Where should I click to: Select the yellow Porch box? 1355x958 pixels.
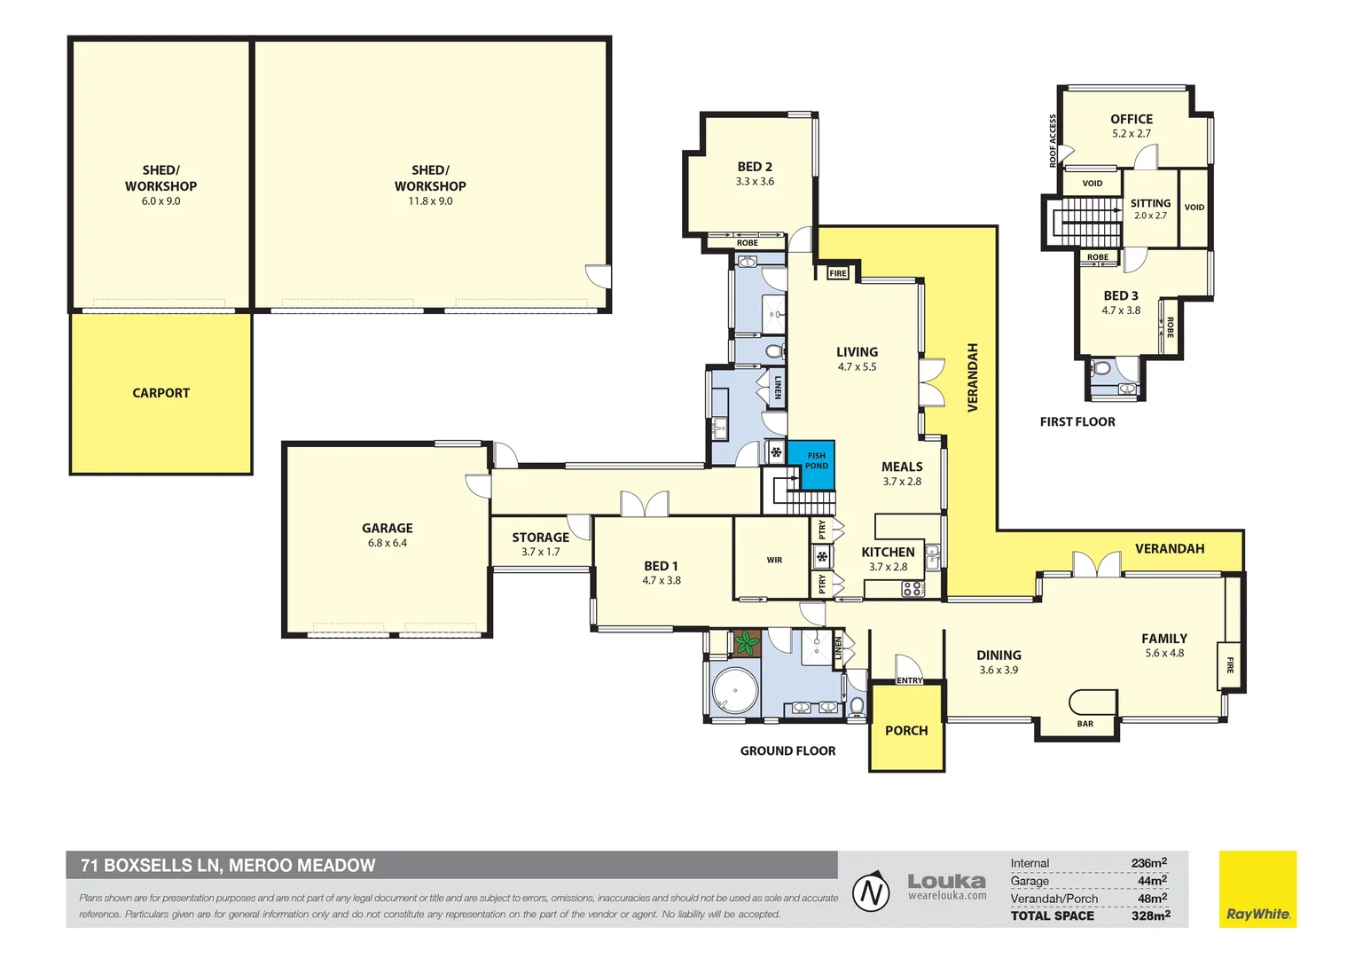906,729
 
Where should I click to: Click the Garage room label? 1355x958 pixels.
388,529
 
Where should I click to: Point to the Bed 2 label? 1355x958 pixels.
755,167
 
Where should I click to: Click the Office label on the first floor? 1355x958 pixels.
1132,120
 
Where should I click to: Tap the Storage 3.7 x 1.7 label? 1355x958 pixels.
540,544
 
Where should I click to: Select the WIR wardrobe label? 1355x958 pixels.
774,560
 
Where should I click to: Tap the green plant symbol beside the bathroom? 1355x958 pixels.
747,643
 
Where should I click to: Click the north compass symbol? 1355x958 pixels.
871,891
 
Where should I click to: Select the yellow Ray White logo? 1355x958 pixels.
1257,890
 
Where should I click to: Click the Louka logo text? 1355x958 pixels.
946,881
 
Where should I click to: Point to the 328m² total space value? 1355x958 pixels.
1150,915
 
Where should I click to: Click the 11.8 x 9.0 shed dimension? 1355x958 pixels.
430,201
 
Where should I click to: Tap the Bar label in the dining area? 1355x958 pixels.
1085,724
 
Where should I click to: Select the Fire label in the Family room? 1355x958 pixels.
1230,664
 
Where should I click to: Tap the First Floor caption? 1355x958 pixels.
1077,422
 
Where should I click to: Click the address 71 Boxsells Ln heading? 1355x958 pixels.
228,865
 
